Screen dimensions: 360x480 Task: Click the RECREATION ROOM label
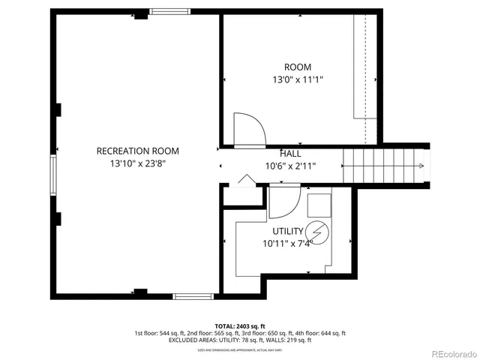click(137, 151)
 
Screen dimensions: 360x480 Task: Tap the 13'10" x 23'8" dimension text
click(137, 163)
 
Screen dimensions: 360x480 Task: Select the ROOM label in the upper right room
click(298, 67)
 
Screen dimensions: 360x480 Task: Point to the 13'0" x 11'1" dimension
click(298, 79)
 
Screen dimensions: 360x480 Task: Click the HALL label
click(291, 152)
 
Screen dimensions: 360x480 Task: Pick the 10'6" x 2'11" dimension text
click(291, 166)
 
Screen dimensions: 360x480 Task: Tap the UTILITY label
click(288, 231)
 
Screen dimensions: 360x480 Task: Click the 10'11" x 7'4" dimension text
click(288, 244)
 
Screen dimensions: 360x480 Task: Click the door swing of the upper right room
click(248, 129)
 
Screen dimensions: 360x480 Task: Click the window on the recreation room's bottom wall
click(194, 296)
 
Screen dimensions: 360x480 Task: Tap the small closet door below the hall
click(244, 181)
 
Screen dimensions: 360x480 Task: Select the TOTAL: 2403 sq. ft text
click(239, 325)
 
